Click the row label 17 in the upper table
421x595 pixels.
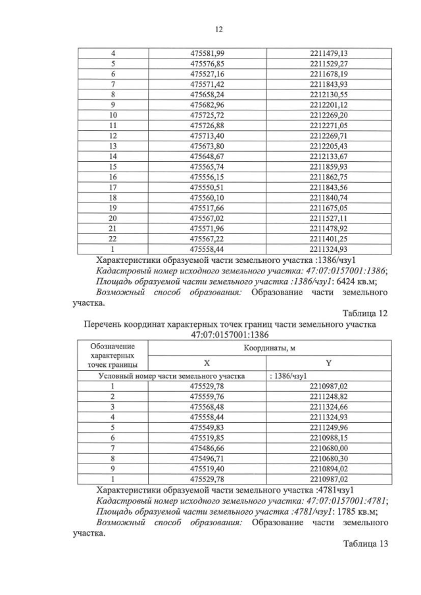113,186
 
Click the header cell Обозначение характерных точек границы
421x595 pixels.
112,355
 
